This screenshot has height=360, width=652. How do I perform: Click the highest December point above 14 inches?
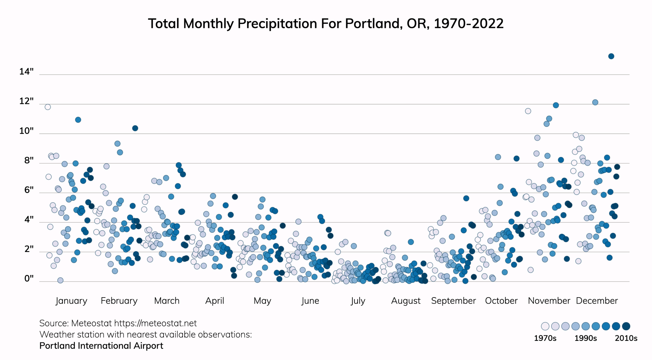click(611, 56)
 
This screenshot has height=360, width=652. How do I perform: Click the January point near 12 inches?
click(48, 107)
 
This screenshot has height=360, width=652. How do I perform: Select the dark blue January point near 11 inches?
click(78, 120)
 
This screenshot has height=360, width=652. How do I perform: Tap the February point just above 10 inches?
click(135, 128)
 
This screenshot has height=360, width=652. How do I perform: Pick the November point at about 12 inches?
click(556, 105)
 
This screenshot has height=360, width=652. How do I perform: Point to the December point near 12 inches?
click(595, 102)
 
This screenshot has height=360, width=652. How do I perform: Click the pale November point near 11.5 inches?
click(528, 111)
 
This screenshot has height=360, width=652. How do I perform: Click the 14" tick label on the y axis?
click(26, 72)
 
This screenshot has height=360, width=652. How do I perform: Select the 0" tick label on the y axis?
click(29, 279)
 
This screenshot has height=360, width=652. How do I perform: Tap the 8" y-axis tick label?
click(29, 161)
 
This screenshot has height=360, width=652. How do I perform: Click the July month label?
click(358, 301)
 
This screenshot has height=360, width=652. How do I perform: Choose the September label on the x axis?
click(453, 301)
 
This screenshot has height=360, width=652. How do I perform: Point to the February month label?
click(119, 301)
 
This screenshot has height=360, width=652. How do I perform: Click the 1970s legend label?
click(545, 338)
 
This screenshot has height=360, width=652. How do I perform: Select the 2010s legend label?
click(626, 338)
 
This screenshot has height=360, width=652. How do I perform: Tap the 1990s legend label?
click(585, 338)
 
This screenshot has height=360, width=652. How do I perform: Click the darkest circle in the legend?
click(626, 326)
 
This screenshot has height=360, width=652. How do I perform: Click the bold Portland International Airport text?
click(101, 346)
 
